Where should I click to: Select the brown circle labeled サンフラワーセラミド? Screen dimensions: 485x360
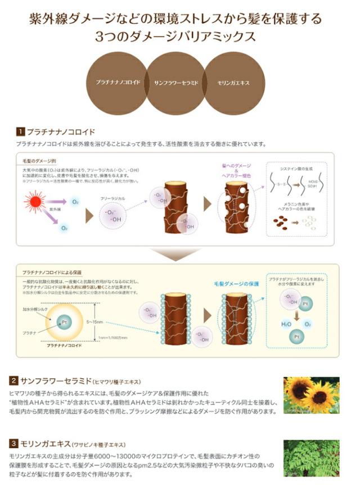[175, 83]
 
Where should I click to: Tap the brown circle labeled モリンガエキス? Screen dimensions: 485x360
[233, 83]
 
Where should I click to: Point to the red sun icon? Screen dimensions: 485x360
[38, 203]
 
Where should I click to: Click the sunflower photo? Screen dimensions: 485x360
[311, 396]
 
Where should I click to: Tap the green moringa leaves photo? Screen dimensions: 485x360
[311, 458]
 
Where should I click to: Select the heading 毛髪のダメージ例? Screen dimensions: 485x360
[38, 161]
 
